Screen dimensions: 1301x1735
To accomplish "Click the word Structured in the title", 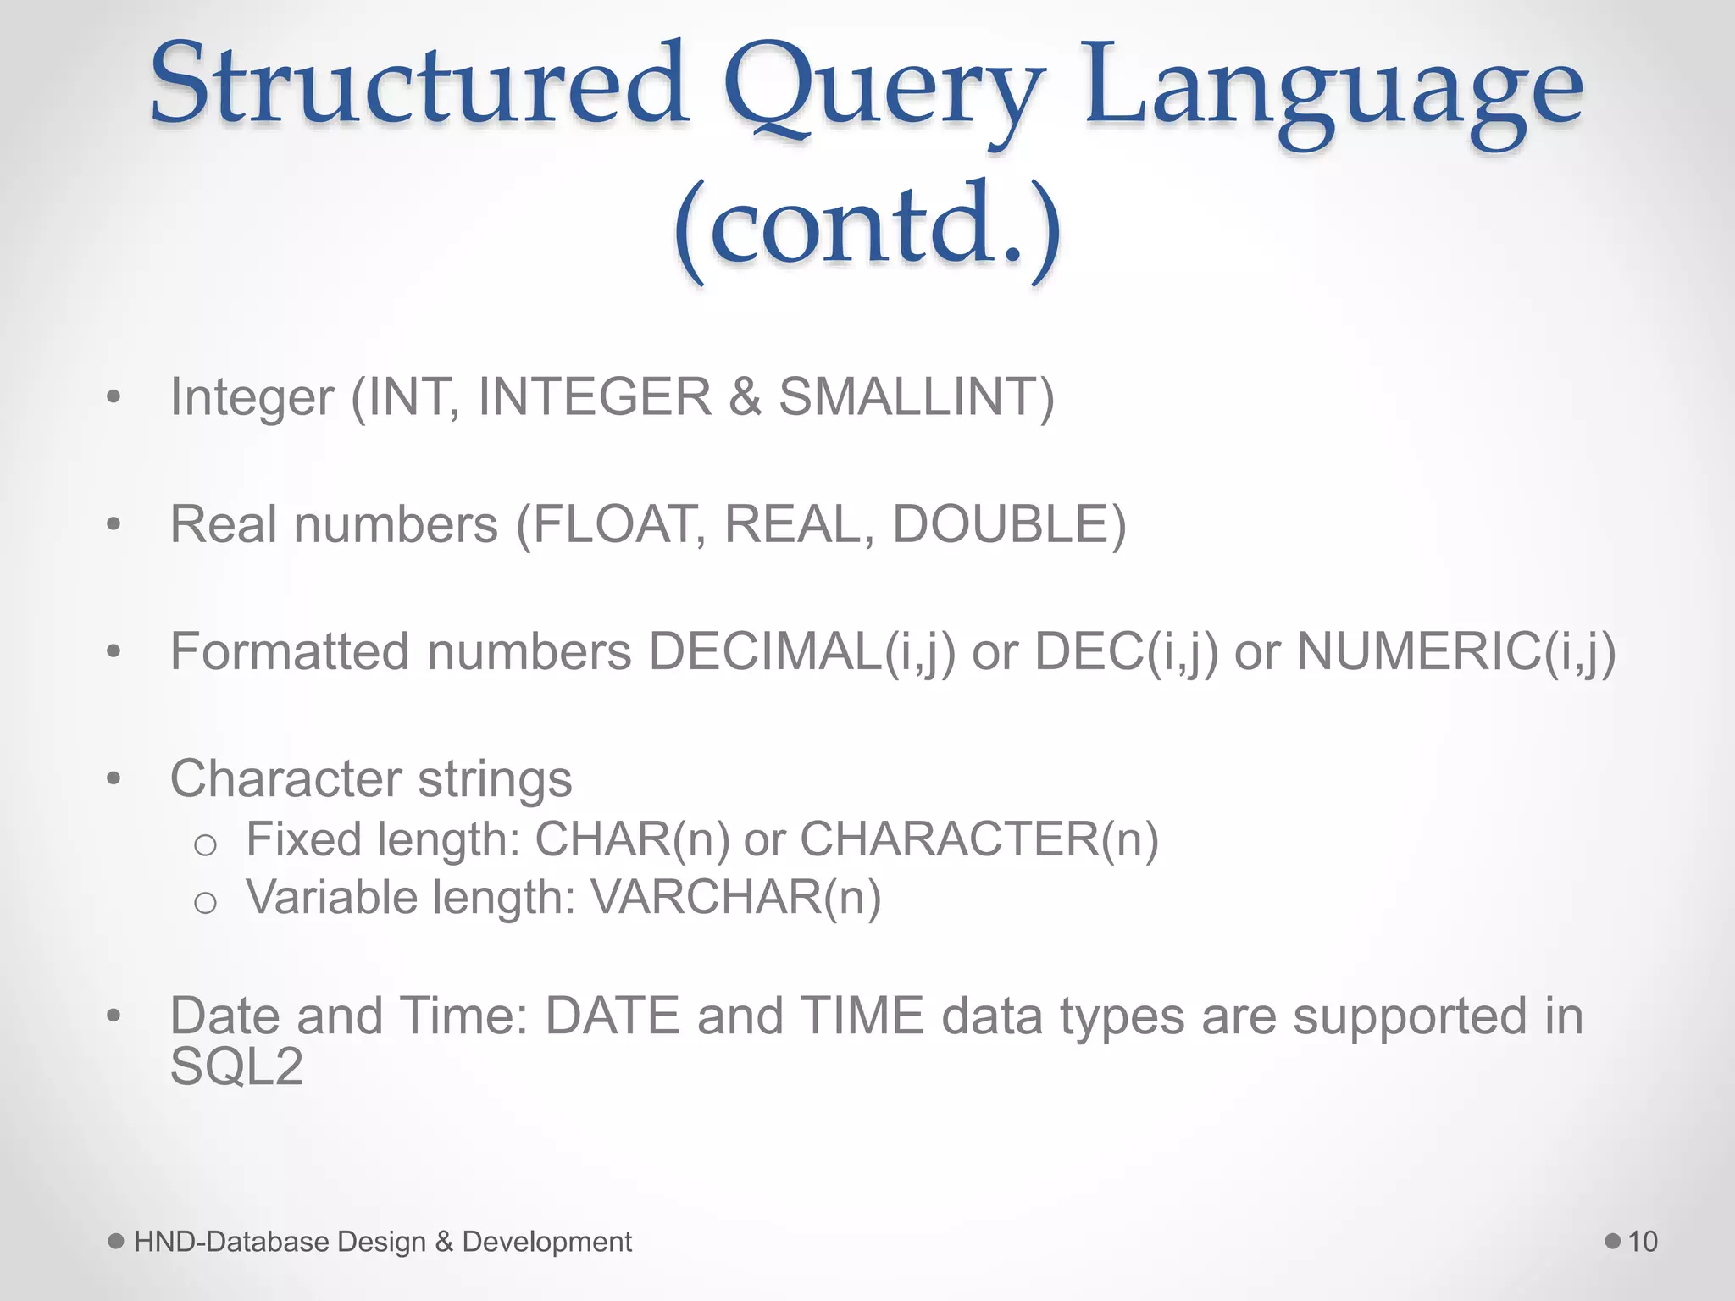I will click(419, 85).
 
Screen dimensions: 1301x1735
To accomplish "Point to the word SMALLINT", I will click(916, 396).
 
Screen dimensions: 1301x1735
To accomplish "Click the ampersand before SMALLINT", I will click(745, 396).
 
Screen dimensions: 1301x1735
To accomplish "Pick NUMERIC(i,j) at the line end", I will click(1456, 652).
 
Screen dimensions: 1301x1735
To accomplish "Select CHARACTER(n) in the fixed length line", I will click(978, 839).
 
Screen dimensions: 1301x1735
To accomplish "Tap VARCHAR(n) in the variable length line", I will click(735, 897).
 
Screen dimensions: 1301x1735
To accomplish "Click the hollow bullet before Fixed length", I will click(205, 844).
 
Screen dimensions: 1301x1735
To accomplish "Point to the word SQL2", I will click(236, 1066).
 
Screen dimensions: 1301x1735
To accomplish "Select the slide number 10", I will click(1642, 1242).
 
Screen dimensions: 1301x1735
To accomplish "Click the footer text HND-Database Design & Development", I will click(382, 1242).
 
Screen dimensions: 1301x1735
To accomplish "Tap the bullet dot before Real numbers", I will click(114, 524).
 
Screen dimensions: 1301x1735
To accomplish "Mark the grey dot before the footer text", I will click(116, 1241).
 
